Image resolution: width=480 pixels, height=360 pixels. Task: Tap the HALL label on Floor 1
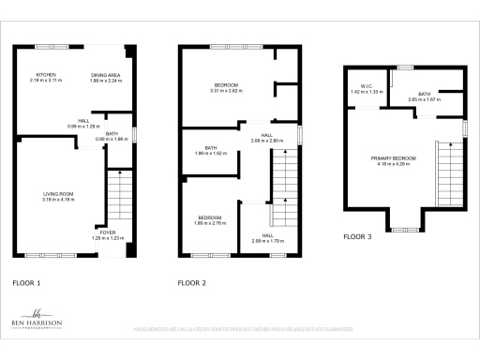(83, 123)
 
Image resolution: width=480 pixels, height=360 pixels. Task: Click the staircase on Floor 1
(117, 198)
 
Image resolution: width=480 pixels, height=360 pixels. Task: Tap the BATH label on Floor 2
(211, 150)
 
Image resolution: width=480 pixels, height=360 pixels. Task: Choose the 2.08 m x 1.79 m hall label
(267, 238)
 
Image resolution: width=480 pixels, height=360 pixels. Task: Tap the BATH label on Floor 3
(424, 96)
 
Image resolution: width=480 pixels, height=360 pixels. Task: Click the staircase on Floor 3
(448, 170)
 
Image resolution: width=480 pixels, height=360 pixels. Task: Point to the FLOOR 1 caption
(25, 281)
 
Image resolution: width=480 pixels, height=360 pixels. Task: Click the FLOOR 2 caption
(191, 281)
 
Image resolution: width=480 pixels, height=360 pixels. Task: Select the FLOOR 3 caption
(357, 237)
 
